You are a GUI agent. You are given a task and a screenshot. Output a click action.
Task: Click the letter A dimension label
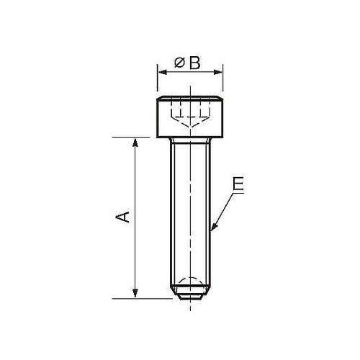(122, 217)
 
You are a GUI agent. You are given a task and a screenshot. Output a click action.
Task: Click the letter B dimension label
(194, 63)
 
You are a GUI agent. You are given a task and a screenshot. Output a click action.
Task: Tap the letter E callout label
(238, 184)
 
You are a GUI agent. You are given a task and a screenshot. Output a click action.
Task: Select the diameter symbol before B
(179, 63)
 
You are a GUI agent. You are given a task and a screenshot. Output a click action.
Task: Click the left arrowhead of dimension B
(163, 72)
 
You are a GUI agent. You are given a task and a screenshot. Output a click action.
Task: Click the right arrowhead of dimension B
(217, 72)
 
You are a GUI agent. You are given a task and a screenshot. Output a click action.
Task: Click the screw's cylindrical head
(190, 117)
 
